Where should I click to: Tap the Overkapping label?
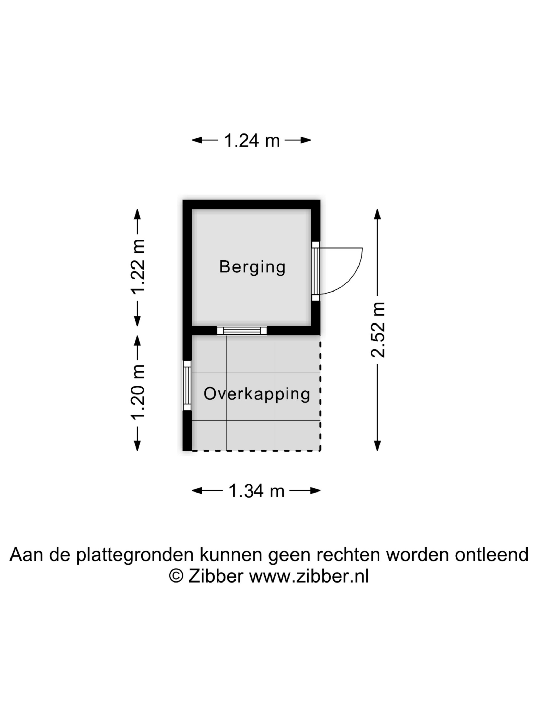tap(257, 394)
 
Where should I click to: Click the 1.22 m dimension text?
tap(138, 267)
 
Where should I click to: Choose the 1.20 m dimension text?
tap(138, 392)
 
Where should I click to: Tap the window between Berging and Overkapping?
tap(242, 330)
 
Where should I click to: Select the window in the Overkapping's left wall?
tap(187, 386)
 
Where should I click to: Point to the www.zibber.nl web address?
tap(309, 576)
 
